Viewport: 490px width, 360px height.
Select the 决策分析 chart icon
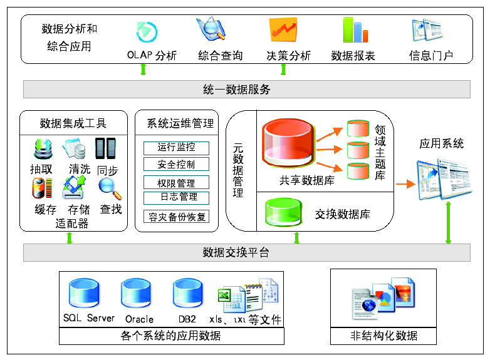(x=283, y=29)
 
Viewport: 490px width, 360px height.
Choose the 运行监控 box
(x=176, y=148)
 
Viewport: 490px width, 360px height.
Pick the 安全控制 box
(x=176, y=165)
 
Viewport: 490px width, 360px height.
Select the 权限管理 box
(x=176, y=183)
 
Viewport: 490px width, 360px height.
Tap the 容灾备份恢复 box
(x=176, y=217)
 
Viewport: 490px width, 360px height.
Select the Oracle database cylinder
(x=138, y=293)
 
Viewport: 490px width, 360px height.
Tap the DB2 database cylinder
(x=187, y=293)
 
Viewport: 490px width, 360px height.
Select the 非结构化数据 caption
(x=383, y=336)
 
